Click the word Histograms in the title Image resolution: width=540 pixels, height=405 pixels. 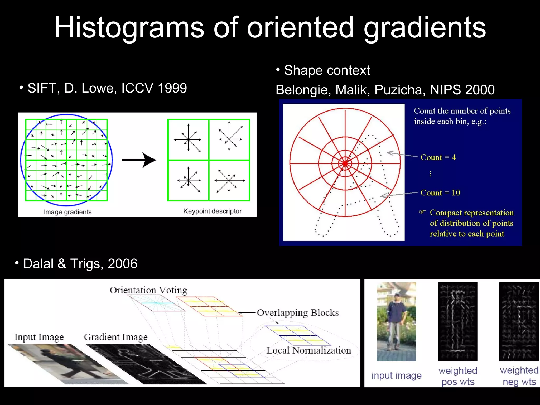point(129,28)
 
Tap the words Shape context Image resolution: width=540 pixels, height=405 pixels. point(327,70)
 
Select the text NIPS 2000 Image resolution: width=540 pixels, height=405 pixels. point(462,90)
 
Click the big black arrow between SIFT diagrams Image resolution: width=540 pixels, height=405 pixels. point(139,160)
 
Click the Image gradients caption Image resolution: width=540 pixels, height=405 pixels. point(67,212)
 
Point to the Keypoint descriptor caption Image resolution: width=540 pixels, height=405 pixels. point(212,211)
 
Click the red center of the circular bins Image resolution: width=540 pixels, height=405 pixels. point(345,163)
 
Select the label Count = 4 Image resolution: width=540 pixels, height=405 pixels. point(438,157)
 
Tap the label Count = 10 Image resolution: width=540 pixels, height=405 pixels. point(440,193)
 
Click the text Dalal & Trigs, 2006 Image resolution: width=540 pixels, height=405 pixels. point(80,264)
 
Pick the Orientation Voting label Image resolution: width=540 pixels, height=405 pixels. point(148,290)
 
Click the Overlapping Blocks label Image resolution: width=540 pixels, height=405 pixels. point(298,313)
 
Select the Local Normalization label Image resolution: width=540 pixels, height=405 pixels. point(308,350)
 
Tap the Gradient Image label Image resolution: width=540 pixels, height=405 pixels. point(116,337)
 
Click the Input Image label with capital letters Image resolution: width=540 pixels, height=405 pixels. point(39,337)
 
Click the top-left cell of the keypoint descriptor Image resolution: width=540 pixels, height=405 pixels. point(188,139)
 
